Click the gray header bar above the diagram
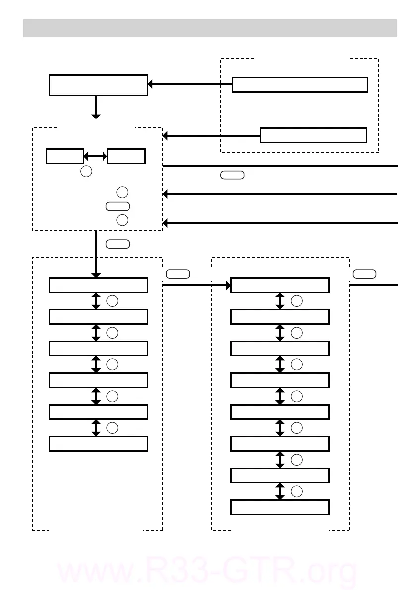(x=210, y=28)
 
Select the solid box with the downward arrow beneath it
(x=98, y=85)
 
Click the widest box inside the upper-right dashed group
(x=300, y=85)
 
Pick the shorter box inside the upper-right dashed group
(x=313, y=135)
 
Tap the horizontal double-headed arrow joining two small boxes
(x=96, y=156)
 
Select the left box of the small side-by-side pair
(x=65, y=156)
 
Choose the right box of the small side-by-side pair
(x=126, y=156)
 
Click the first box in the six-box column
(x=98, y=285)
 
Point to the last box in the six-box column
(x=98, y=444)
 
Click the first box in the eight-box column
(x=280, y=285)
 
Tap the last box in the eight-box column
(x=280, y=507)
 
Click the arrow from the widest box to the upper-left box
(x=190, y=85)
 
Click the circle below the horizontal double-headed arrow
(x=86, y=172)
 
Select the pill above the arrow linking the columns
(x=178, y=273)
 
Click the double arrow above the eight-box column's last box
(x=280, y=491)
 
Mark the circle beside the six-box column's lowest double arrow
(x=112, y=428)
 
